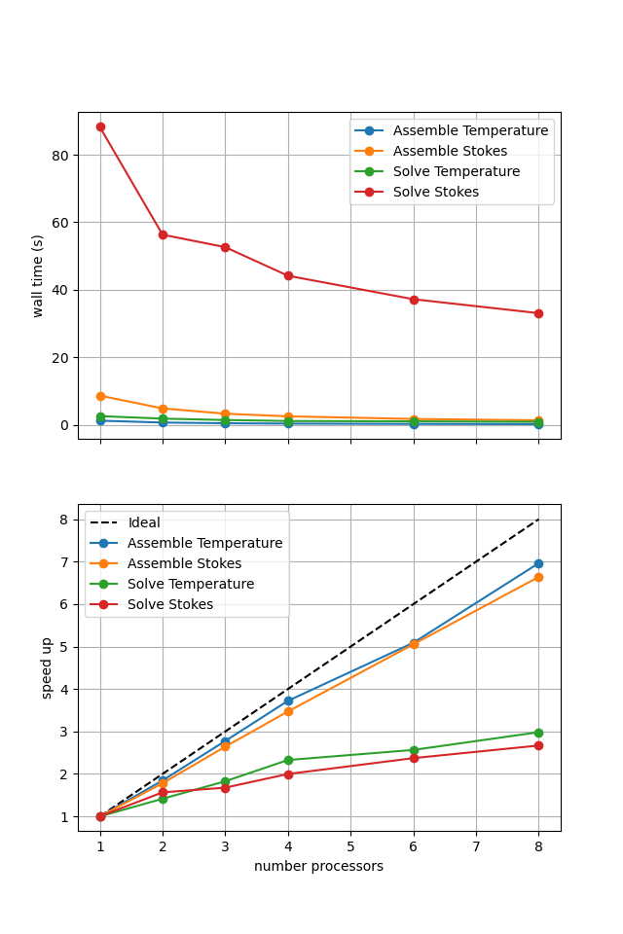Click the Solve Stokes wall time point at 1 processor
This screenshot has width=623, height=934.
click(x=100, y=126)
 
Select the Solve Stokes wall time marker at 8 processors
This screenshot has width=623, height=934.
click(x=538, y=313)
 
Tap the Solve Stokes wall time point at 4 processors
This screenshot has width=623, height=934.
click(x=288, y=276)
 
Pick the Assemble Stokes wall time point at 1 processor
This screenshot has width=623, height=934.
click(x=100, y=396)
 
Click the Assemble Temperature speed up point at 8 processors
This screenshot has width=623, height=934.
click(x=538, y=563)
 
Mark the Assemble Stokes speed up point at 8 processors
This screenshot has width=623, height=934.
click(x=538, y=577)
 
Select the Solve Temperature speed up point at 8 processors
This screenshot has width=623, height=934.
click(x=538, y=733)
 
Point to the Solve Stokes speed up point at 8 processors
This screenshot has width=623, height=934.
click(x=538, y=745)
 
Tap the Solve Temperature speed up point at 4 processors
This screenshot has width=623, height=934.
click(x=288, y=760)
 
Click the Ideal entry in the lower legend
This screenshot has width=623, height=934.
click(x=144, y=523)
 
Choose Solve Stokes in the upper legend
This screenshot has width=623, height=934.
click(x=435, y=192)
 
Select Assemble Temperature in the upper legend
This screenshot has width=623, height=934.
click(x=470, y=130)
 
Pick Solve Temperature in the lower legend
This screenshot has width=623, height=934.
click(x=190, y=585)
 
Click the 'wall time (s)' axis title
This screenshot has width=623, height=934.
click(x=38, y=275)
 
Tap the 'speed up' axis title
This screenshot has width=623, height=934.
click(x=47, y=667)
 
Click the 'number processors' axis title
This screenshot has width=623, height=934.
click(x=318, y=866)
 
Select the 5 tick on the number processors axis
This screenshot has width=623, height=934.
click(x=350, y=847)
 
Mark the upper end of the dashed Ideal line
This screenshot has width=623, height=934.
click(x=538, y=520)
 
